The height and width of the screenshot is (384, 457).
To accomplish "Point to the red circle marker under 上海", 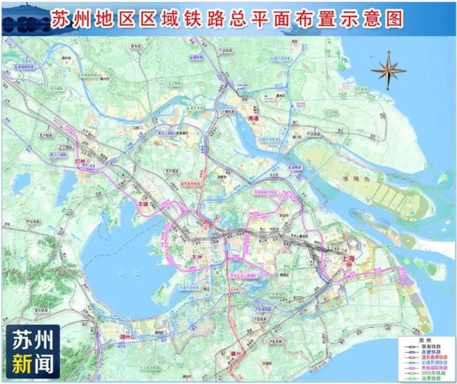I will tap(349, 266).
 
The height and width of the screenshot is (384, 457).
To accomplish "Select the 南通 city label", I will tap(254, 119).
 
